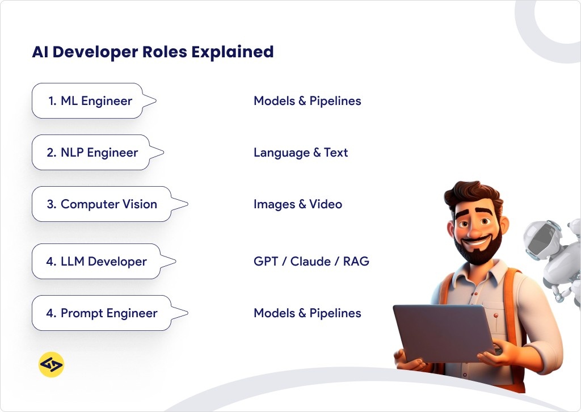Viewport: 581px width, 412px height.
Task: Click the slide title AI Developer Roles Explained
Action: point(153,52)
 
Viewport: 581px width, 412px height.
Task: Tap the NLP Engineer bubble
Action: point(91,153)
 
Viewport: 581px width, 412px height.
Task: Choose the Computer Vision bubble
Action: point(102,204)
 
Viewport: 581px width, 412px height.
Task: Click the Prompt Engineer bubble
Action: point(102,313)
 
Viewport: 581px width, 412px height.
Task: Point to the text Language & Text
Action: point(301,153)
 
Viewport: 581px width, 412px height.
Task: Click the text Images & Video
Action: point(298,204)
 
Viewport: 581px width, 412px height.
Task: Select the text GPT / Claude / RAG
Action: point(311,262)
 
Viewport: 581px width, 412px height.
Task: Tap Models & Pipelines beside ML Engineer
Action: point(308,101)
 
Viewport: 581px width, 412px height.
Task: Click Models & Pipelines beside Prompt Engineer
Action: point(308,313)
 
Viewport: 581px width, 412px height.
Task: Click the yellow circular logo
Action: point(51,365)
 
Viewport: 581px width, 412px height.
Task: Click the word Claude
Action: point(309,262)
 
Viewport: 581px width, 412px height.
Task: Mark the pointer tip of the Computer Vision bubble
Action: point(187,204)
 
